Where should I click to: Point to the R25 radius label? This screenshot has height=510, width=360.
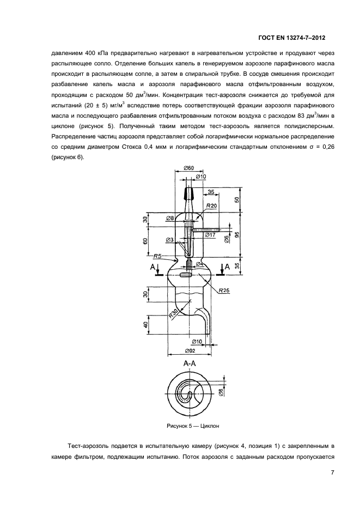[224, 290]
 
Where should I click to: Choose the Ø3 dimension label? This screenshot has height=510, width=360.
[169, 240]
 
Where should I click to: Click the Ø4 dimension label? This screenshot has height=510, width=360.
[199, 264]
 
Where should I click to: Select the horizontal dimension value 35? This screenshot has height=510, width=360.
[210, 192]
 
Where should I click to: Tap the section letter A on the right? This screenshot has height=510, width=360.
[228, 267]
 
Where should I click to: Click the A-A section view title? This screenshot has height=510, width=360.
[190, 362]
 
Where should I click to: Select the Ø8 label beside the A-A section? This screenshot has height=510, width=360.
[220, 392]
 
